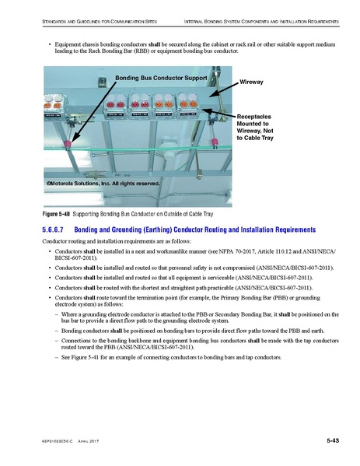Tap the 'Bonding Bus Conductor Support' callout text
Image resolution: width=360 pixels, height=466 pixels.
[x=161, y=79]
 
